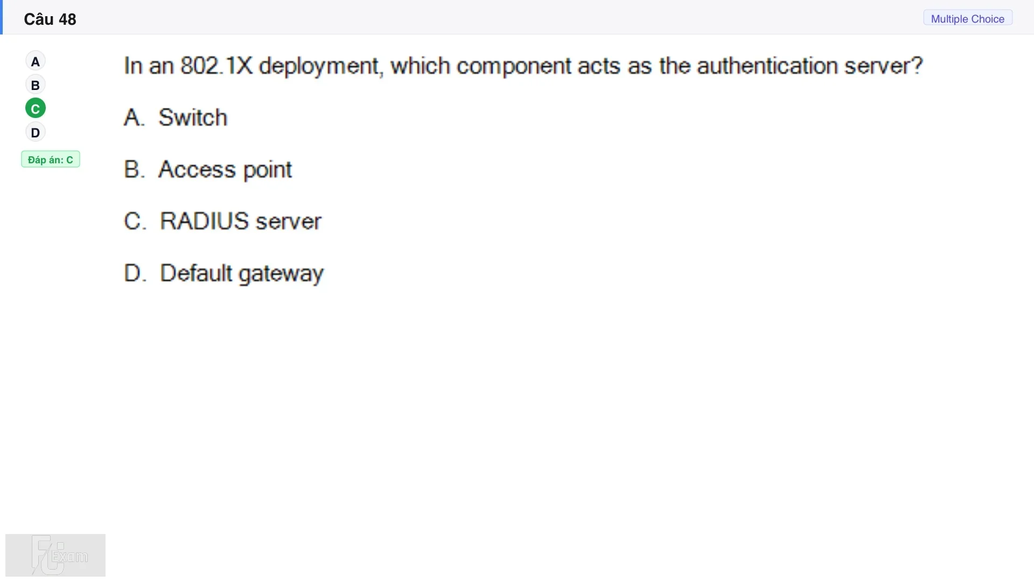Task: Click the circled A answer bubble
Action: (36, 61)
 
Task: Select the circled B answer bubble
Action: (36, 85)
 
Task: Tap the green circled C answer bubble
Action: (36, 109)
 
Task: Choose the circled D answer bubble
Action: (36, 133)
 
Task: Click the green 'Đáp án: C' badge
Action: (51, 160)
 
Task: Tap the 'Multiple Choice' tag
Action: (968, 19)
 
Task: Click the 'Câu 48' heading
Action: (50, 19)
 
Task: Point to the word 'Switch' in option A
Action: (193, 117)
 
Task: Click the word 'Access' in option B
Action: (197, 170)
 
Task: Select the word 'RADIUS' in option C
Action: (205, 221)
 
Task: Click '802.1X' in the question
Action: (216, 66)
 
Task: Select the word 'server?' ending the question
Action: (884, 66)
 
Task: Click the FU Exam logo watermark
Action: (55, 555)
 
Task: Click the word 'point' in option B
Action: (268, 170)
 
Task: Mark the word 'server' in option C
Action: (289, 221)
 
